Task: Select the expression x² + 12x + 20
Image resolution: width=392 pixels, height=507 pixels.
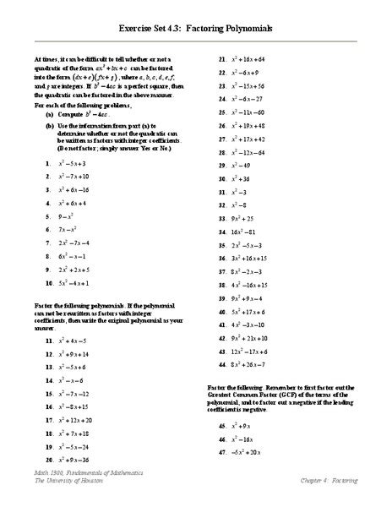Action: (x=80, y=420)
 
